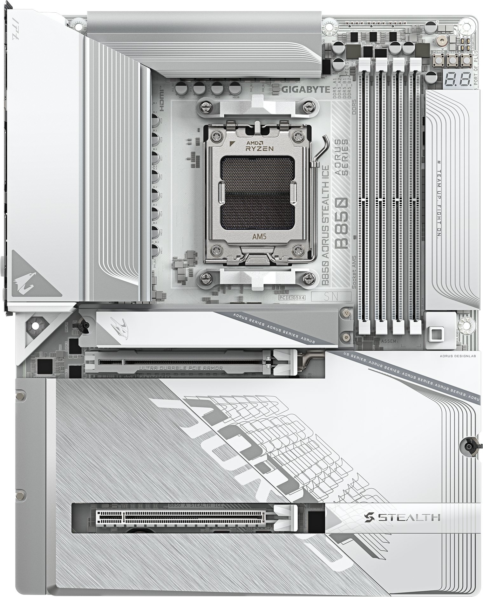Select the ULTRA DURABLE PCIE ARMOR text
pyautogui.click(x=180, y=368)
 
